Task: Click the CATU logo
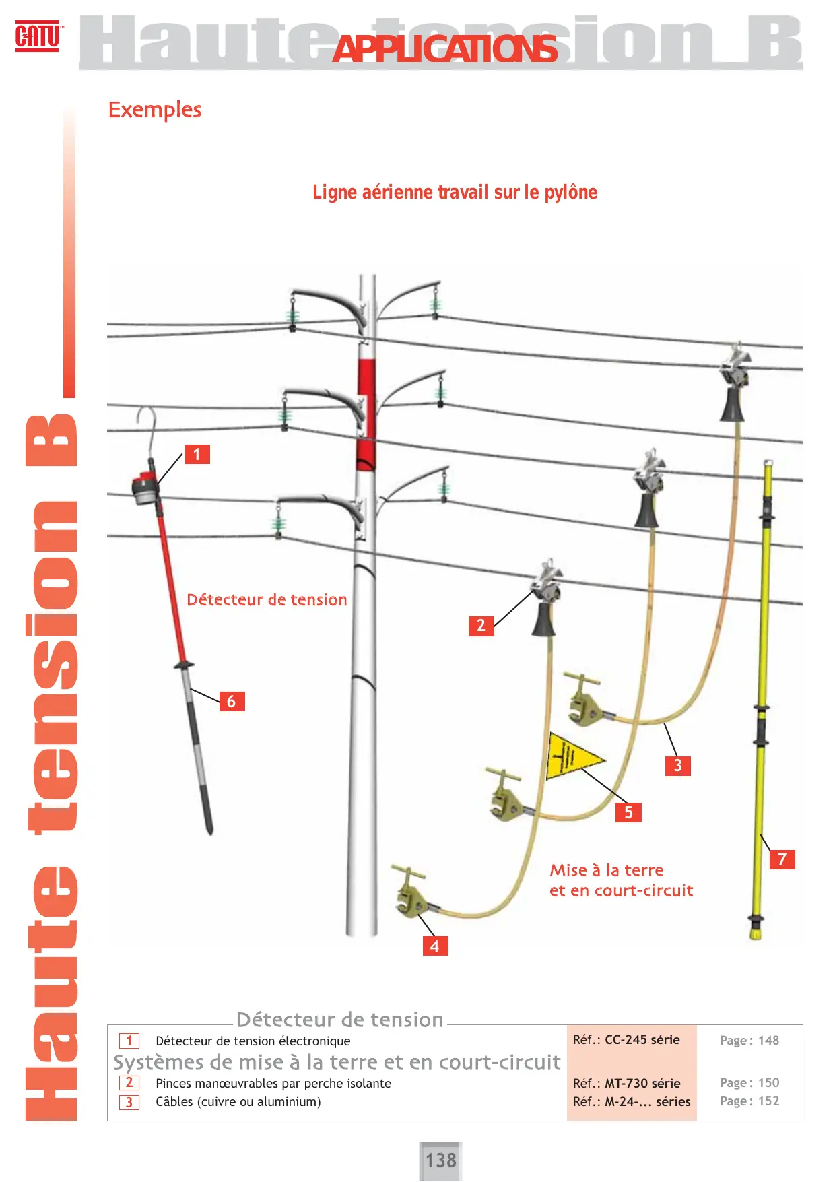[38, 36]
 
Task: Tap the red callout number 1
[197, 454]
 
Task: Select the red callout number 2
[481, 626]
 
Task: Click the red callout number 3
[677, 766]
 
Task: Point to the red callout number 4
[434, 946]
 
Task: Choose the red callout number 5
[628, 812]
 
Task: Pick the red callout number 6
[231, 701]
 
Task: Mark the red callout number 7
[782, 859]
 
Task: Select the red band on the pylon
[366, 414]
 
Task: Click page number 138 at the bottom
[440, 1160]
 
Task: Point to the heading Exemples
[155, 110]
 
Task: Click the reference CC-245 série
[642, 1040]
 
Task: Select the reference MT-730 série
[642, 1084]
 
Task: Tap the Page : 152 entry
[749, 1101]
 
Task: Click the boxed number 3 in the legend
[129, 1103]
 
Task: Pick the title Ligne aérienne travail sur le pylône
[455, 193]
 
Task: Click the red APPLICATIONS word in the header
[445, 49]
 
